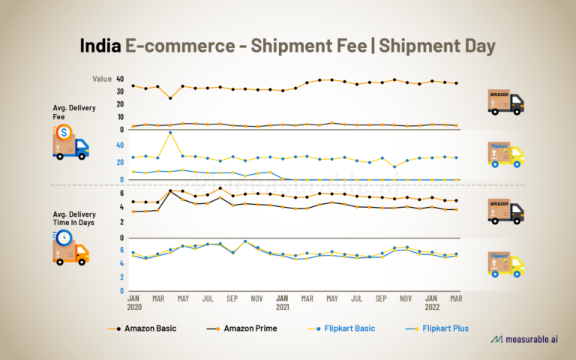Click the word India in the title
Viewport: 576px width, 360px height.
(x=100, y=46)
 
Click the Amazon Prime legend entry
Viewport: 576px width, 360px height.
(x=239, y=328)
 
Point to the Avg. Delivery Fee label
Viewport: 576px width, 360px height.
(x=74, y=112)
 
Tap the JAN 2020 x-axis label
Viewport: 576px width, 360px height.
(x=133, y=302)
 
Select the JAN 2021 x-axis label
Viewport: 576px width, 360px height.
(x=283, y=302)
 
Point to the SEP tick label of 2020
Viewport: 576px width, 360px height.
(x=232, y=298)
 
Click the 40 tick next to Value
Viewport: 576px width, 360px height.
(x=119, y=79)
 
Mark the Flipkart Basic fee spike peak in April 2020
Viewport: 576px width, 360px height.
(x=170, y=133)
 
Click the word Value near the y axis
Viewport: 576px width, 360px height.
(x=102, y=79)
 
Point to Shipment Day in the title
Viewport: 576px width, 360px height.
(x=437, y=46)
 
